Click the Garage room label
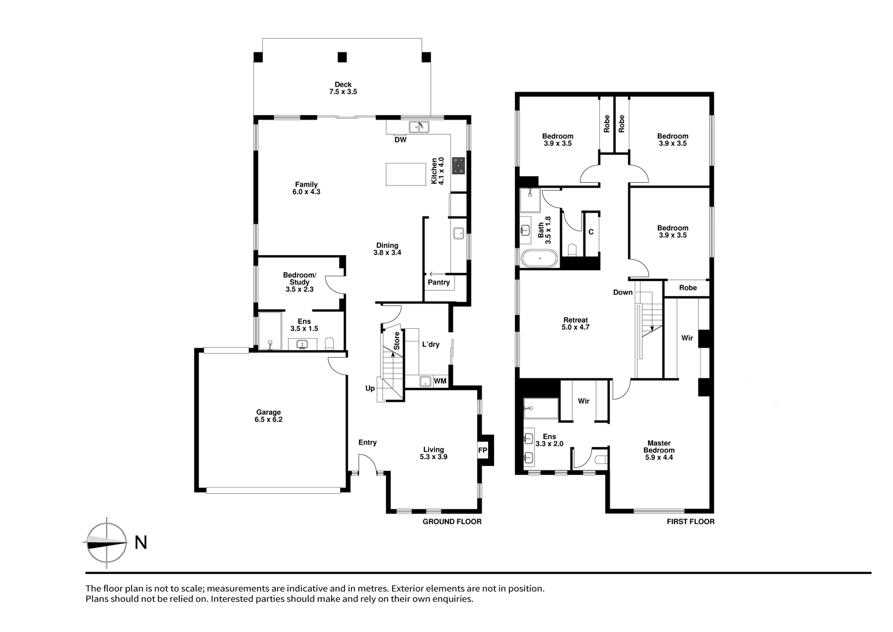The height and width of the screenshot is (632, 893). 268,415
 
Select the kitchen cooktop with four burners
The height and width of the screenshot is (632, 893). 458,165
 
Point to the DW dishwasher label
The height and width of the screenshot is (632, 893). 400,139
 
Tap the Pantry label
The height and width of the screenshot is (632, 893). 439,282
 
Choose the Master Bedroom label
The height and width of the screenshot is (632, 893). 659,450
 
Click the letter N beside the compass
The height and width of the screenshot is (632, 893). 141,543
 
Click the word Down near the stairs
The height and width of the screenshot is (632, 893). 623,293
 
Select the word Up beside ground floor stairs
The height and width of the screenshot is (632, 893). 370,388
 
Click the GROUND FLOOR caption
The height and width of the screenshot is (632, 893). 452,521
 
